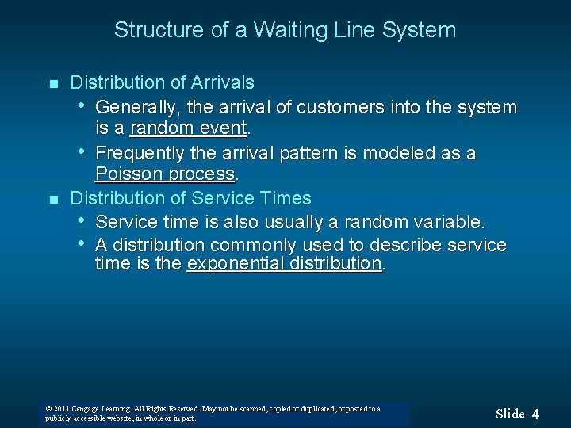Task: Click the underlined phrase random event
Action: coord(189,128)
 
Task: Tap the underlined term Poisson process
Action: coord(165,174)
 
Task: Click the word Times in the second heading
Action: coord(287,198)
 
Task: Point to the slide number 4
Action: coord(535,414)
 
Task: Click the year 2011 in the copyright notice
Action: coord(62,409)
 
